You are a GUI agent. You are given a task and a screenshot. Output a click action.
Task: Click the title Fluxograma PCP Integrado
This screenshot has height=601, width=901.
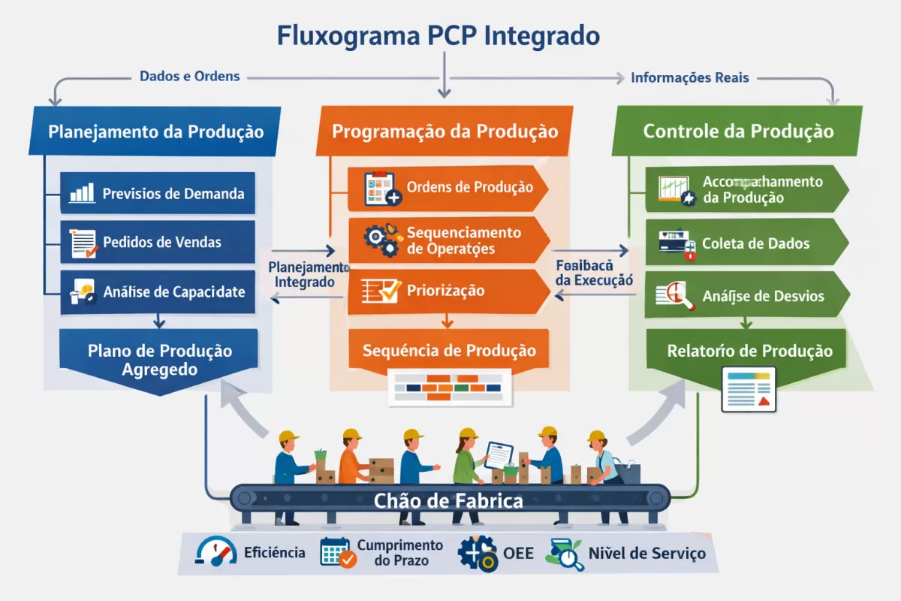pos(438,36)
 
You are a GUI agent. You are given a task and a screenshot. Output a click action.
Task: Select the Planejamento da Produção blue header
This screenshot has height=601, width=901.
pos(155,131)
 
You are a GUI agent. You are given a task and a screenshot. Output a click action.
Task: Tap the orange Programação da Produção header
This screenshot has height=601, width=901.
pos(444,131)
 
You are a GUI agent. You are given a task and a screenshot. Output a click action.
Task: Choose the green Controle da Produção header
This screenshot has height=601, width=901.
pos(738,131)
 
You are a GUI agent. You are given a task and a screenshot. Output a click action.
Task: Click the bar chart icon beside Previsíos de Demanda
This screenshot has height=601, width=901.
pos(82,192)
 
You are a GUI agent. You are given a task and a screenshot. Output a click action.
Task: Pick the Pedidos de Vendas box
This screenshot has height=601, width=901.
pos(158,242)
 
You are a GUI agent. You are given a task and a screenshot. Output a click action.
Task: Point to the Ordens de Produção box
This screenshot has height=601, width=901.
pos(447,188)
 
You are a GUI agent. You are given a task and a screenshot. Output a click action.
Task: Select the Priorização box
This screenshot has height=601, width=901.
pos(447,291)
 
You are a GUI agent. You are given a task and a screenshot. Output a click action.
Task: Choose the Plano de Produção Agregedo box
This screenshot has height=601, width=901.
pos(159,361)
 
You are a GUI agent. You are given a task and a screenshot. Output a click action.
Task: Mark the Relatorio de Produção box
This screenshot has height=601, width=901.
pos(749,351)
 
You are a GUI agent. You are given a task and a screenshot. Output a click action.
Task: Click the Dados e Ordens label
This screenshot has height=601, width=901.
pos(190,77)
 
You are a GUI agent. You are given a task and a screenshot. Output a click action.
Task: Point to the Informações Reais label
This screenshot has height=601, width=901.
pos(690,77)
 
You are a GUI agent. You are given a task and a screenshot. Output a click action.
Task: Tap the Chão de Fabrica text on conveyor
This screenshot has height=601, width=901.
pos(448,500)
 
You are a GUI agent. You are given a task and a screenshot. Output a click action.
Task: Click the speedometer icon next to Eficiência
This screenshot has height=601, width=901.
pos(215,552)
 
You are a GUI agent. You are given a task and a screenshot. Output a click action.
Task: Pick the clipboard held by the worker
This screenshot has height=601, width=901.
pos(498,454)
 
